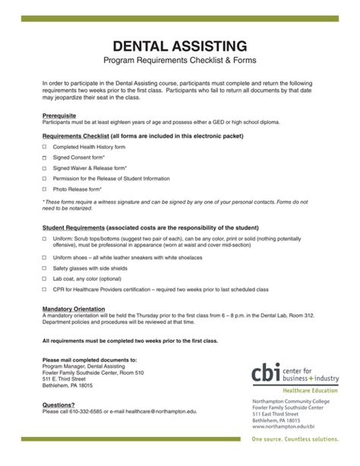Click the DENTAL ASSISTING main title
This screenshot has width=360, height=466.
coord(179,46)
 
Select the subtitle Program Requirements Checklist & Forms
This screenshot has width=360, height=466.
coord(179,60)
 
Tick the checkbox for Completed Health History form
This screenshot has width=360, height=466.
coord(45,146)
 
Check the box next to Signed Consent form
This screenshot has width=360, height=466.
coord(45,157)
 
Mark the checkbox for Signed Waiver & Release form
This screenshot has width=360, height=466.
coord(45,167)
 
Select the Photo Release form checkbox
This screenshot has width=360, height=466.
coord(45,189)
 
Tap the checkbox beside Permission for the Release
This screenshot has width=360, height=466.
coord(45,178)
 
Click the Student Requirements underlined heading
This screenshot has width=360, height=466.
coord(73,228)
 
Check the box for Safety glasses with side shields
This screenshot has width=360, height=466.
coord(45,268)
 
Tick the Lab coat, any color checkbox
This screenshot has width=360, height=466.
coord(45,279)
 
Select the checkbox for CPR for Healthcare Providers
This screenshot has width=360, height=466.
coord(45,289)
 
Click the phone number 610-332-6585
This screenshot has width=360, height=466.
coord(93,412)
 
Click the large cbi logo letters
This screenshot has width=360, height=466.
coord(269,372)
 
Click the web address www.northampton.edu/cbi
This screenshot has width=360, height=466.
coord(283,426)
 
